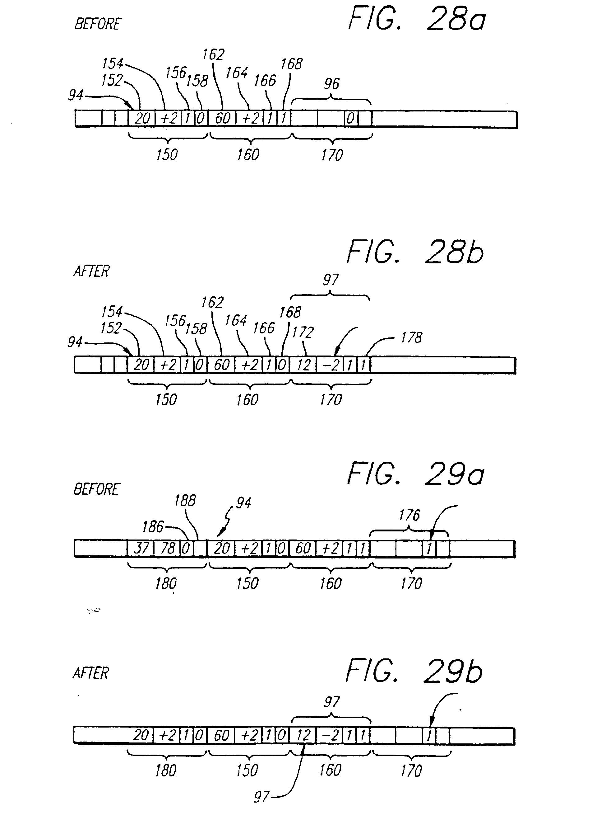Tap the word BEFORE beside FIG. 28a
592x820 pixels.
[x=98, y=24]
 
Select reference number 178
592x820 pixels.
[x=411, y=338]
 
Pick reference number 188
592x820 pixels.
[x=185, y=501]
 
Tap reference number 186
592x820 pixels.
[x=153, y=527]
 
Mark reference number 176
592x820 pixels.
[x=409, y=515]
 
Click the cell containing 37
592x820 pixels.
[x=141, y=549]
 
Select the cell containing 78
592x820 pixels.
[x=167, y=549]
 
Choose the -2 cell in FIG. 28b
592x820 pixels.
[x=330, y=365]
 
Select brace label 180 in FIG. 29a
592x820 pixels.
[x=166, y=583]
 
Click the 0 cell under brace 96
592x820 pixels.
[x=351, y=119]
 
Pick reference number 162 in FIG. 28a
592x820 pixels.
[x=213, y=54]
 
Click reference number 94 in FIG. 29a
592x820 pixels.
[x=244, y=503]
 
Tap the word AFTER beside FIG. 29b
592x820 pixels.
[x=91, y=673]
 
